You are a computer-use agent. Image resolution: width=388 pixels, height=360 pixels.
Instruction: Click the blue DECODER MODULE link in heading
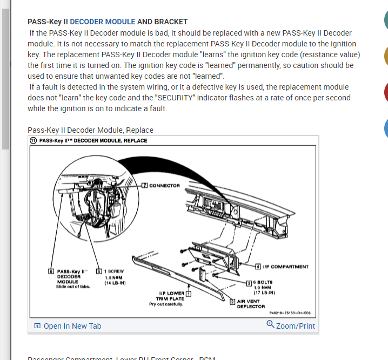point(103,22)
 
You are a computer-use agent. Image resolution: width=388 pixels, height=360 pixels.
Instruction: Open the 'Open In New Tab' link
point(72,326)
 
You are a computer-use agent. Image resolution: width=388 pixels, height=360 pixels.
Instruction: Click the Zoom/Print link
point(295,326)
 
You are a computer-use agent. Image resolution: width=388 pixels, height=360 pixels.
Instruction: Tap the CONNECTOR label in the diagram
point(164,186)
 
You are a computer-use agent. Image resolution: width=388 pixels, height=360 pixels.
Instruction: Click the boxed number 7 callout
point(144,186)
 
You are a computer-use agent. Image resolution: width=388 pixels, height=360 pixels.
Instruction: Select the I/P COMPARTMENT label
point(286,267)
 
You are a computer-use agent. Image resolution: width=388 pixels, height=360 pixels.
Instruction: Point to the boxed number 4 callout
point(258,267)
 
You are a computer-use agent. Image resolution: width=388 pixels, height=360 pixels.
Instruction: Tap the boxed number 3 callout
point(249,282)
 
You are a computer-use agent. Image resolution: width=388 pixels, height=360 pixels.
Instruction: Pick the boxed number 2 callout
point(232,302)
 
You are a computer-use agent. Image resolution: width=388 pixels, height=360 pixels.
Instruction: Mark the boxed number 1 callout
point(189,294)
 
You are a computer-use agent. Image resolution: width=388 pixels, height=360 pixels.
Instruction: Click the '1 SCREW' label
point(115,271)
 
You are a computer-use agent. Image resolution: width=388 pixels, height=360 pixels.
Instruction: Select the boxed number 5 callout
point(99,271)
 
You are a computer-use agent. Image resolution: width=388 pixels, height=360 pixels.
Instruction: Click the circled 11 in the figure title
point(34,141)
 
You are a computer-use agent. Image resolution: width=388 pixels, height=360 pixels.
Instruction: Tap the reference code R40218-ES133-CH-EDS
point(290,313)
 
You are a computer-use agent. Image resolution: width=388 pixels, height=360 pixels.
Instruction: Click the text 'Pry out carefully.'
point(166,304)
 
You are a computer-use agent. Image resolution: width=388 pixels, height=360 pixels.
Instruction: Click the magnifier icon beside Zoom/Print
point(270,324)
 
